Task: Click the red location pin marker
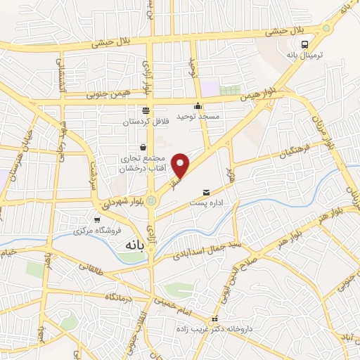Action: coord(181,165)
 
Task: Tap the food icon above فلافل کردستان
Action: coord(146,110)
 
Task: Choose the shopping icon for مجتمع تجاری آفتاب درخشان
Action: coord(144,148)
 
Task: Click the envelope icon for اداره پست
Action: coord(207,192)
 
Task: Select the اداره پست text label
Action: coord(207,203)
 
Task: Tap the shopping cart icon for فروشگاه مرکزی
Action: coord(96,219)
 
